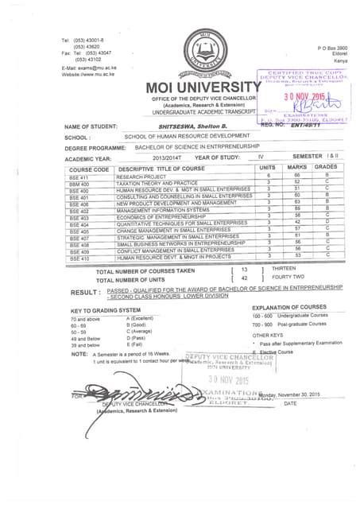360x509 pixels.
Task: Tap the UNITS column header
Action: (267, 168)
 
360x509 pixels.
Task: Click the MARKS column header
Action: (296, 168)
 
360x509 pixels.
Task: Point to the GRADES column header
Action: (326, 168)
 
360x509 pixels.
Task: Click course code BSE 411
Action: (80, 177)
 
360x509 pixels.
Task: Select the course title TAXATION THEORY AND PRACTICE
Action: (152, 183)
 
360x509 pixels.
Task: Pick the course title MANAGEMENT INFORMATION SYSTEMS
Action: (163, 210)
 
